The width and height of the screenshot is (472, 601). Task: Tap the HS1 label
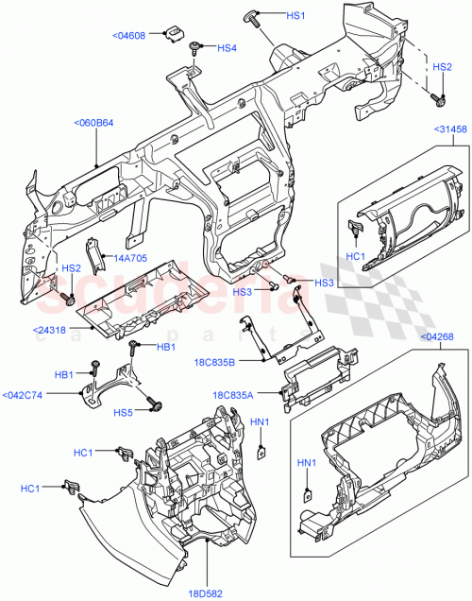tap(296, 17)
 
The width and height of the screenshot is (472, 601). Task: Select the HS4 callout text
tap(228, 48)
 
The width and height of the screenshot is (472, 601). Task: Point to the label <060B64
tap(93, 122)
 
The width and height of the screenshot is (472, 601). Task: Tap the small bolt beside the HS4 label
tap(195, 46)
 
